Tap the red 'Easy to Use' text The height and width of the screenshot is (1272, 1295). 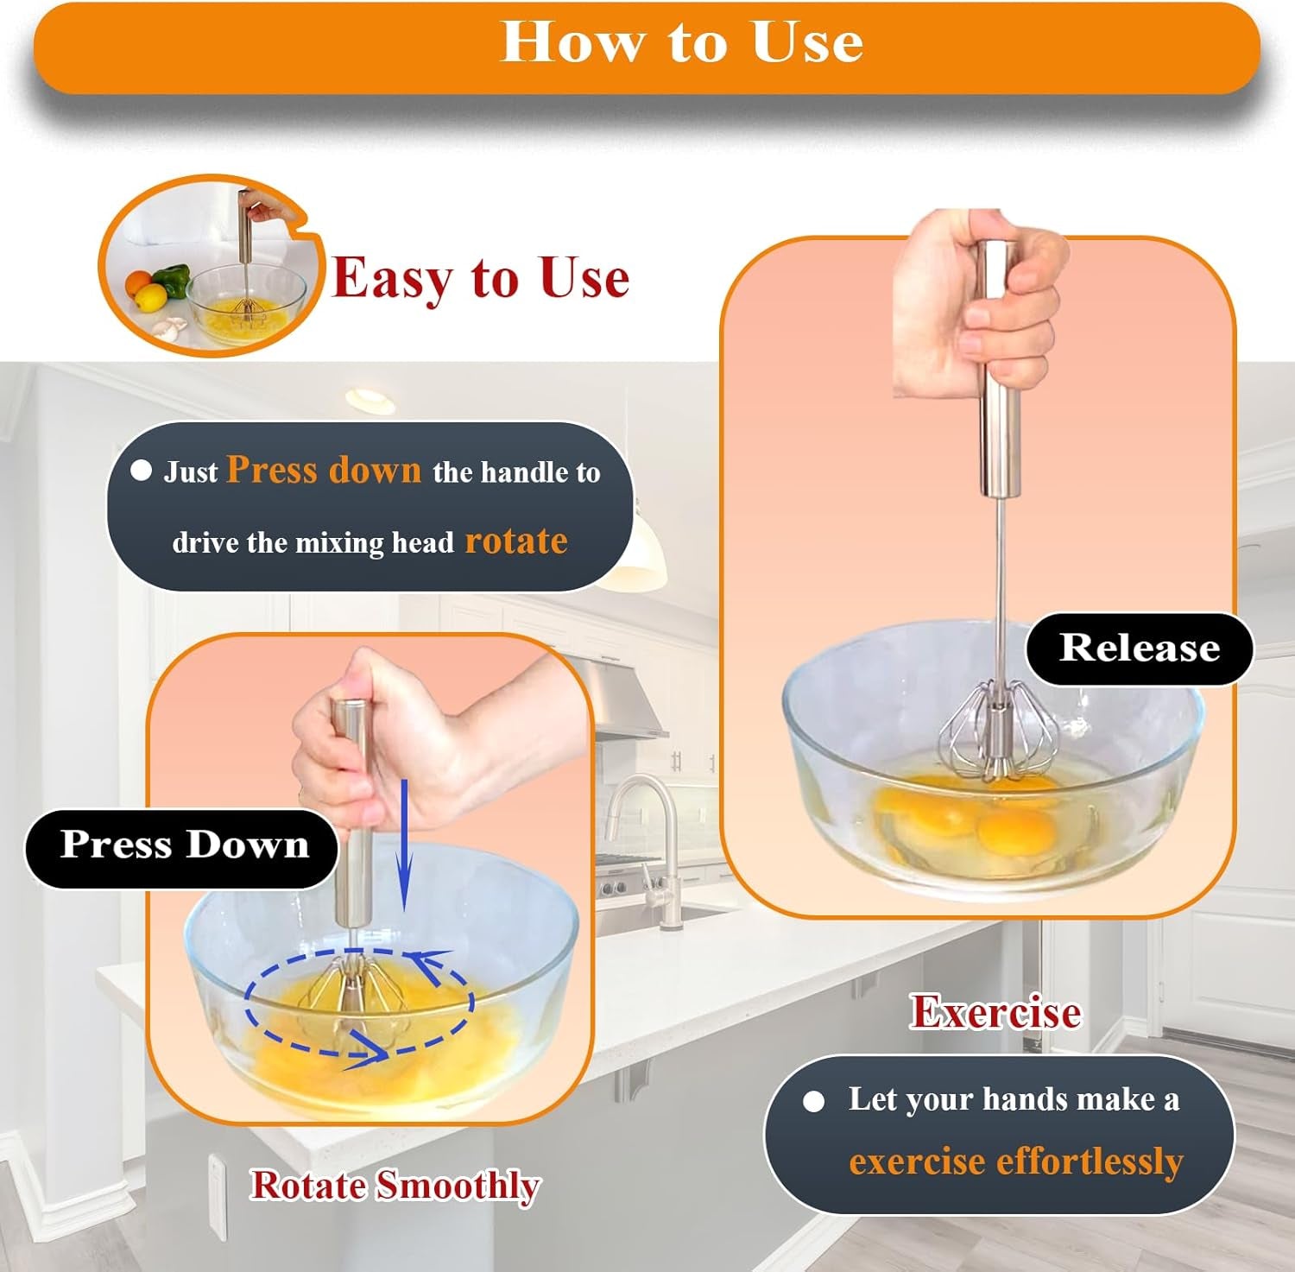[480, 278]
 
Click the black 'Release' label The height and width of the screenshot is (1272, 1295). [1139, 648]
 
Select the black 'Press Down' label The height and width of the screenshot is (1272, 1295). [184, 845]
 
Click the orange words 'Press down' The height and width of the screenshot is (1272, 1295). [324, 470]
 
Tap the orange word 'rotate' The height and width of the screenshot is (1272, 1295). [516, 541]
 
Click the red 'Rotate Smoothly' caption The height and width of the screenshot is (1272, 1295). [395, 1186]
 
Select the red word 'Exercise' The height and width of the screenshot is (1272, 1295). [995, 1012]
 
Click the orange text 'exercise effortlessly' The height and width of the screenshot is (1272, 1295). [1015, 1161]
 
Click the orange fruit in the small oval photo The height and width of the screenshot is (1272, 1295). [138, 282]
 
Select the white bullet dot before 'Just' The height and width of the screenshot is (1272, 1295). [141, 471]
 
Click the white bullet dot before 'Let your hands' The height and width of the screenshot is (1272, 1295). [813, 1101]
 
